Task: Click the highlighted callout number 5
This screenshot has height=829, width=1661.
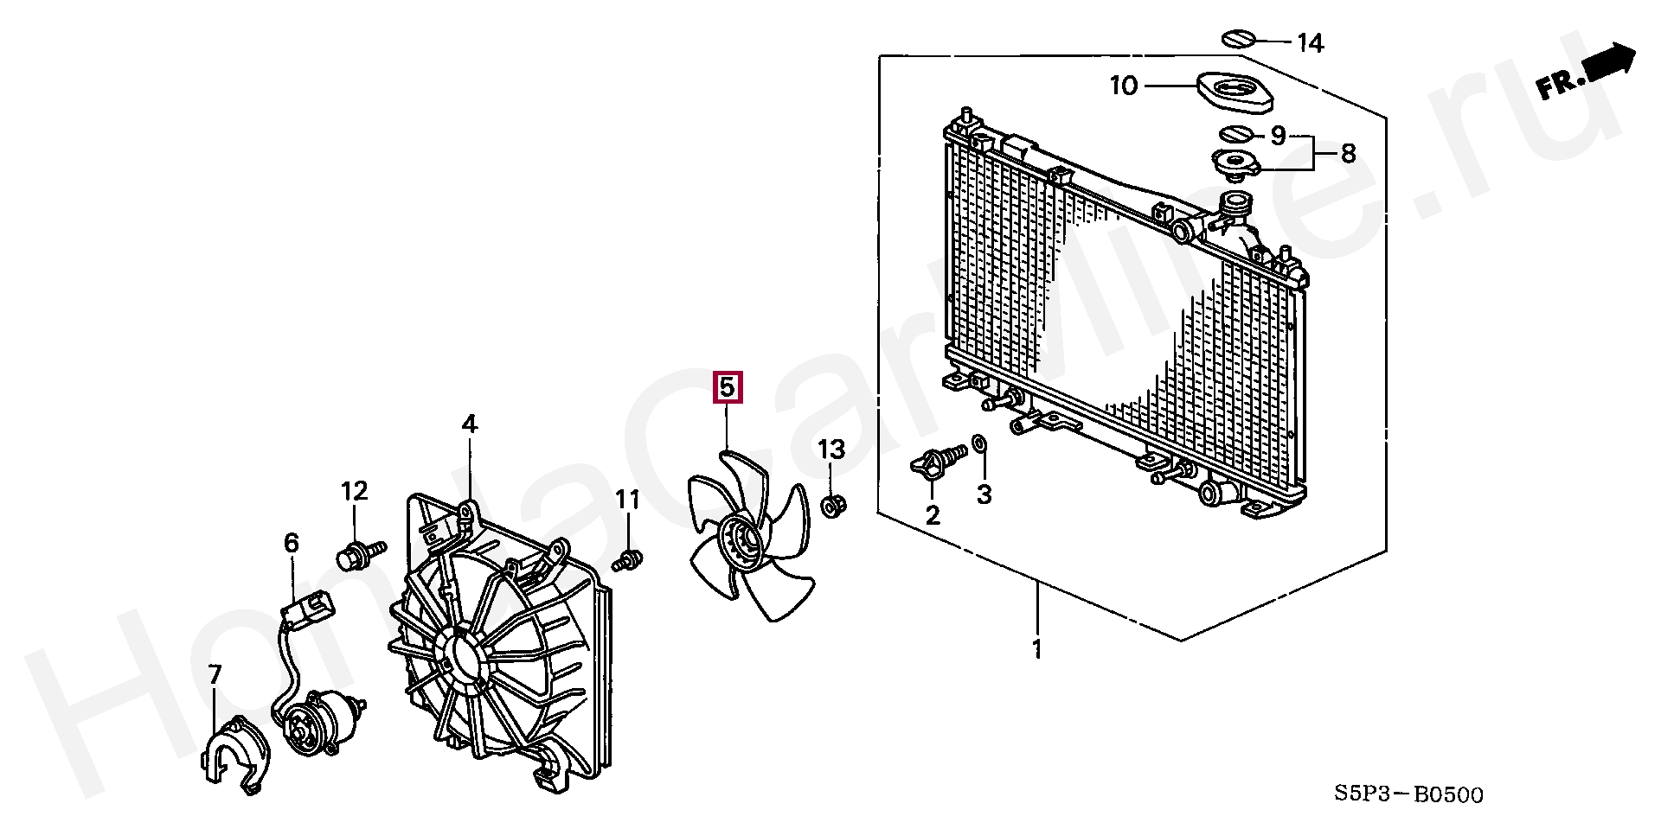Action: (727, 387)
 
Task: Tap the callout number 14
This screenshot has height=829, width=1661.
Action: (1310, 42)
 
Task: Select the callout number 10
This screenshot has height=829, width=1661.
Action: (1124, 86)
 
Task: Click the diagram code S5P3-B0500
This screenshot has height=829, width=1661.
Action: (1408, 794)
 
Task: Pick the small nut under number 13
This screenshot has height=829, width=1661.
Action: (832, 506)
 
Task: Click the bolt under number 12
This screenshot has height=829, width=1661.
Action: (359, 554)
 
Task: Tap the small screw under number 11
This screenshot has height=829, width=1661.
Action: (628, 561)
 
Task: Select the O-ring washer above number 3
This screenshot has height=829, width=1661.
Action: (979, 444)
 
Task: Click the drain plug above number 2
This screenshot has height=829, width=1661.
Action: (939, 462)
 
